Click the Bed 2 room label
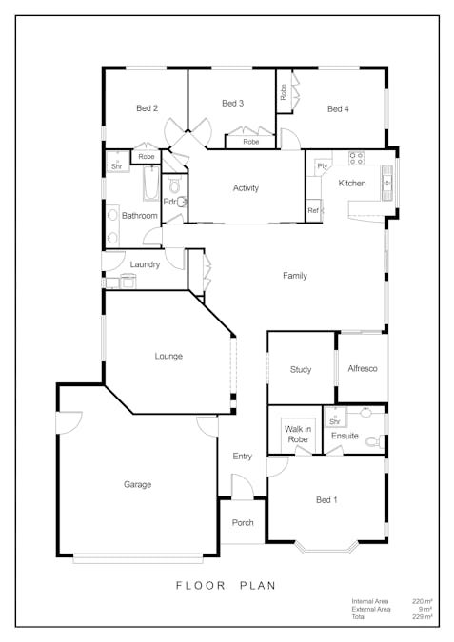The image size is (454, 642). click(148, 108)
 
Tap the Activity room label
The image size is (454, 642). click(246, 188)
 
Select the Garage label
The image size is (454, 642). click(138, 484)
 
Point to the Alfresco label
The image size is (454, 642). click(363, 368)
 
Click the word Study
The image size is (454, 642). click(301, 370)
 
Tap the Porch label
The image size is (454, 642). click(243, 523)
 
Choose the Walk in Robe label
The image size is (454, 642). click(298, 434)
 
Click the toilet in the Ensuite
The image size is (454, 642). click(375, 441)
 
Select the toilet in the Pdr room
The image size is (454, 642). click(174, 185)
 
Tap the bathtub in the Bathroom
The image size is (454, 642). click(151, 183)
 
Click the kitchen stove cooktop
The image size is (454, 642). click(356, 158)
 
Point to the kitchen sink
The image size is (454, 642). click(387, 183)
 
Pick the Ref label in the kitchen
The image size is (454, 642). click(313, 210)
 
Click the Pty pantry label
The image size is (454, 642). click(323, 166)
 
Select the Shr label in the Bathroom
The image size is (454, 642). click(117, 166)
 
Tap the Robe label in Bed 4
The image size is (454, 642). click(283, 92)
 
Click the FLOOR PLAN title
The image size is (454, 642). click(226, 586)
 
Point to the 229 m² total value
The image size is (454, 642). click(423, 616)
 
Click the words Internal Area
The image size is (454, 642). click(370, 601)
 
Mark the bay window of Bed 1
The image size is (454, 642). click(326, 549)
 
